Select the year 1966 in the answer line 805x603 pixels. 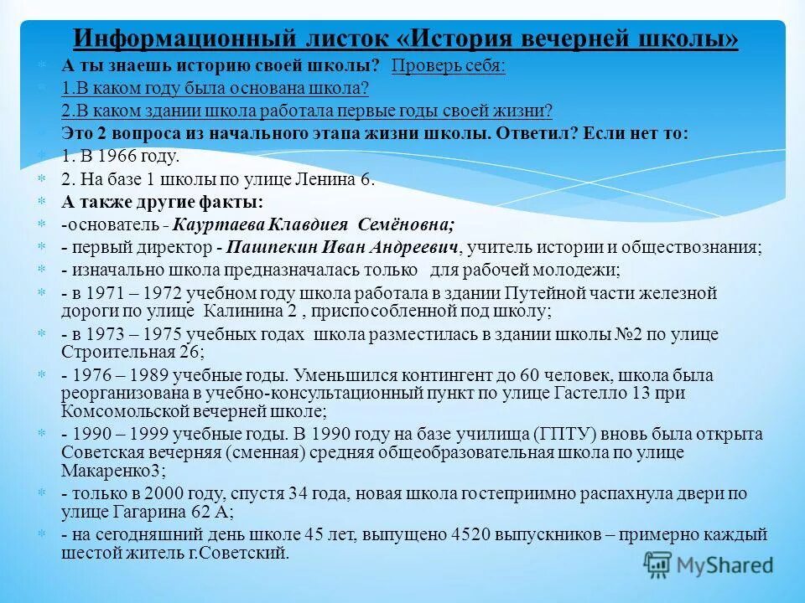[110, 157]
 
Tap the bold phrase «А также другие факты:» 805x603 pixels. [162, 202]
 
